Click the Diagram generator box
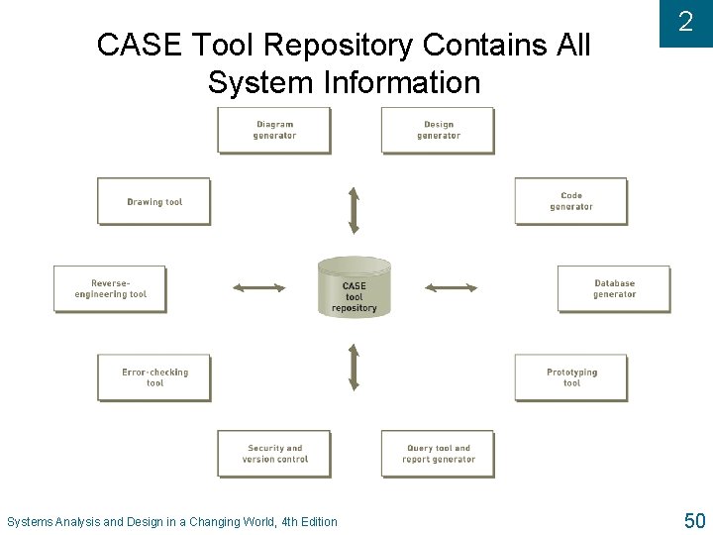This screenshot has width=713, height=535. click(x=274, y=130)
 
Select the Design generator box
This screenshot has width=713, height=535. click(x=438, y=130)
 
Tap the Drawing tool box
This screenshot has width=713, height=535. click(x=154, y=201)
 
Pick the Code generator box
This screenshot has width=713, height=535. click(x=570, y=201)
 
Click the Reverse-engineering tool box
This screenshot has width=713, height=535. click(x=110, y=288)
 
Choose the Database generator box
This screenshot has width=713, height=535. click(x=614, y=288)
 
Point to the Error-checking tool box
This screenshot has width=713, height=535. click(x=154, y=377)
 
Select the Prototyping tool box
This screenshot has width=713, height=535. click(x=571, y=377)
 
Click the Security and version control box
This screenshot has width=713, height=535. click(x=274, y=454)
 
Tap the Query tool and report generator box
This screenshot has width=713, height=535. click(x=438, y=454)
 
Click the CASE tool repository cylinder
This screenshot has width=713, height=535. click(x=355, y=288)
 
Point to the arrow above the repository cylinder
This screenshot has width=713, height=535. click(x=354, y=209)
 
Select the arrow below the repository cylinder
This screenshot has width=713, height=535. click(x=354, y=367)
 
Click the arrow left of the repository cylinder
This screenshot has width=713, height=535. click(x=259, y=288)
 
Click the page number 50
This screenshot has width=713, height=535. click(x=694, y=520)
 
